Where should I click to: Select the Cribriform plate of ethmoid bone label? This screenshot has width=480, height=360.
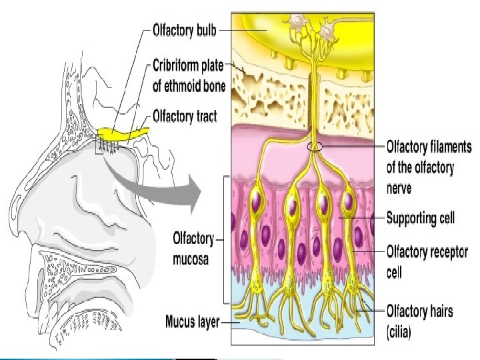pos(189,76)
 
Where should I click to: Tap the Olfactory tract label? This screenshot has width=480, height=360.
pos(185,116)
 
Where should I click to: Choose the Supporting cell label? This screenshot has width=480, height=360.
pos(421,218)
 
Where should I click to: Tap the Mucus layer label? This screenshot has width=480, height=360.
pos(193,323)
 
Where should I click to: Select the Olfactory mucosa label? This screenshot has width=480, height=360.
pos(193,248)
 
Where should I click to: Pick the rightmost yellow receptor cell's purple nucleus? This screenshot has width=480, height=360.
pos(348,203)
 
